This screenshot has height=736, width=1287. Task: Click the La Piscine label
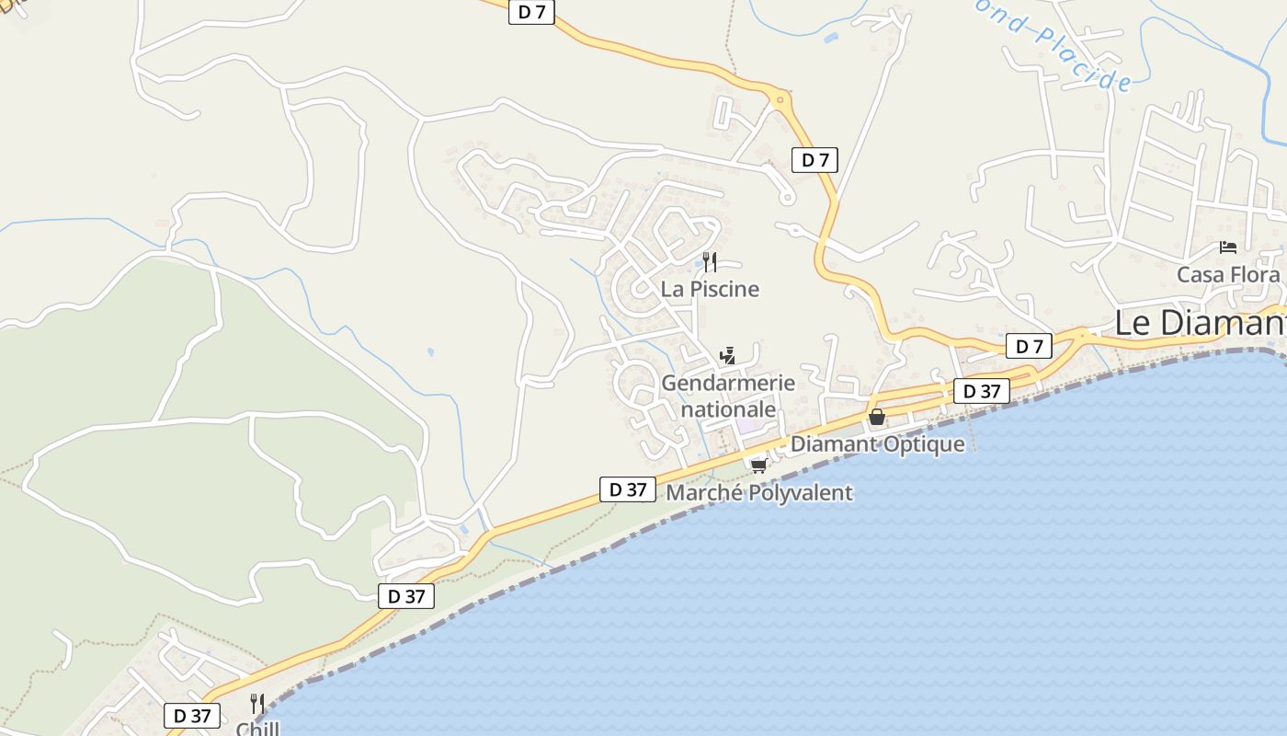tap(710, 289)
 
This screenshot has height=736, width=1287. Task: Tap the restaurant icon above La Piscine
tap(709, 262)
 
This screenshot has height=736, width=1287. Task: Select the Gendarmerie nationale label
tap(728, 396)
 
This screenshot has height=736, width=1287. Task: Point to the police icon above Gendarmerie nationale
tap(727, 355)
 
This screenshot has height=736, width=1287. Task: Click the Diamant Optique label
tap(878, 444)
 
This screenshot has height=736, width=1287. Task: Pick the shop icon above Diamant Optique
tap(877, 417)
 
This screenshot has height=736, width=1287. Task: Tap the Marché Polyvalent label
tap(759, 493)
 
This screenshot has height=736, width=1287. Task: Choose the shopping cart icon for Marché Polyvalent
tap(758, 466)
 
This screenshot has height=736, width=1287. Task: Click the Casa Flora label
tap(1228, 274)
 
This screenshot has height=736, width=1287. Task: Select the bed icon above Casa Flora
tap(1227, 247)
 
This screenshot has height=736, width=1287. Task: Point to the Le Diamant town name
tap(1200, 323)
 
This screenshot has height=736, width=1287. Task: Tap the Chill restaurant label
tap(257, 728)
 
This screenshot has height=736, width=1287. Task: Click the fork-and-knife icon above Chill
tap(257, 704)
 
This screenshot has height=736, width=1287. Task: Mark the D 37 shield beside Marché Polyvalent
tap(628, 489)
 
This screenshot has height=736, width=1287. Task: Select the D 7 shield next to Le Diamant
tap(1029, 346)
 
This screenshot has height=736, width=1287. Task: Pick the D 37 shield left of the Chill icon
tap(192, 715)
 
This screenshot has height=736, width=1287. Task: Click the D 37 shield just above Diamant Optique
tap(982, 391)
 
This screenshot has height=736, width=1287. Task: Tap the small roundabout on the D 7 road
tap(780, 98)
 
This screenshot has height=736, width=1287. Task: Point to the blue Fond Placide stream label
tap(1058, 46)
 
